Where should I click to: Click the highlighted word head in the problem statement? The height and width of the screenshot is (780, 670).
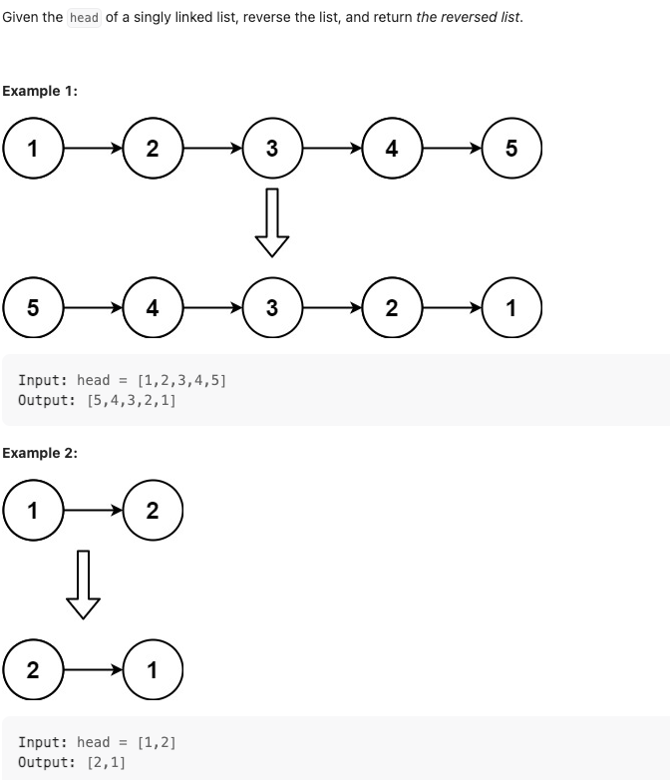click(x=85, y=18)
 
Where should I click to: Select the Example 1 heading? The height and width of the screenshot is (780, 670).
click(x=40, y=91)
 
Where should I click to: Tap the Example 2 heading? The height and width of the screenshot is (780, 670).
click(x=40, y=453)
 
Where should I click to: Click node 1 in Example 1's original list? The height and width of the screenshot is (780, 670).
click(x=33, y=149)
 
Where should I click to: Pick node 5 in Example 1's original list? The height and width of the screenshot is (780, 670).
click(x=511, y=149)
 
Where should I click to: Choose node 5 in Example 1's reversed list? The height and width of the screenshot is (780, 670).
click(x=33, y=308)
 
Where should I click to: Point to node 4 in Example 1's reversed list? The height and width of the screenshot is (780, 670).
click(x=152, y=308)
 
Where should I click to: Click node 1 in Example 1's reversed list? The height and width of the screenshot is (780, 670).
click(x=511, y=308)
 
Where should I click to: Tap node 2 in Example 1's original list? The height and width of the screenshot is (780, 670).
click(x=152, y=149)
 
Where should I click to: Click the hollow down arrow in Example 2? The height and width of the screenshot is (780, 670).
click(x=83, y=585)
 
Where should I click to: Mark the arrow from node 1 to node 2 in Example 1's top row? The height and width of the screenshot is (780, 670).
click(x=93, y=149)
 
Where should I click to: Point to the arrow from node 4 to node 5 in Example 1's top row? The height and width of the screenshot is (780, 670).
click(x=452, y=149)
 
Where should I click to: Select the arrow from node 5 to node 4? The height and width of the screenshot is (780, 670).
click(x=93, y=308)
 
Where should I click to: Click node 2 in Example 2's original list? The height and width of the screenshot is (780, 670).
click(x=152, y=511)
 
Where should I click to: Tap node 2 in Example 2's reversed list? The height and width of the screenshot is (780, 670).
click(x=33, y=669)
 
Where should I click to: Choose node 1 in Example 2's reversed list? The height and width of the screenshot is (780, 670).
click(x=152, y=669)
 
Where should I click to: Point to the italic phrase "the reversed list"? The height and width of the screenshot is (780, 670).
click(x=468, y=18)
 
